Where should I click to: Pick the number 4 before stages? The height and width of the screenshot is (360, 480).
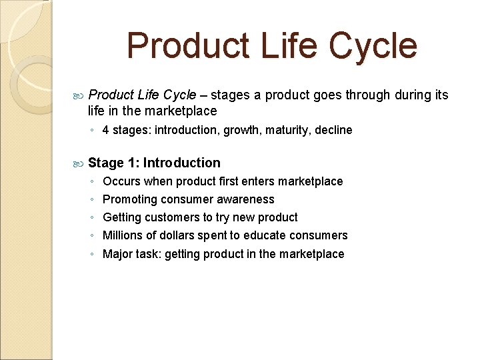pyautogui.click(x=105, y=130)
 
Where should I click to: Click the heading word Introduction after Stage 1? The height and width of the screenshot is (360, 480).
pyautogui.click(x=181, y=163)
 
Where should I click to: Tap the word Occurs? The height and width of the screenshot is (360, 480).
pyautogui.click(x=121, y=181)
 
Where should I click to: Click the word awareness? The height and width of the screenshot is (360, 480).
pyautogui.click(x=247, y=199)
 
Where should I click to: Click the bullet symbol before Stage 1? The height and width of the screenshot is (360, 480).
pyautogui.click(x=79, y=163)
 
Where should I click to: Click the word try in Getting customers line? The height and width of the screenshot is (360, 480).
pyautogui.click(x=222, y=217)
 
